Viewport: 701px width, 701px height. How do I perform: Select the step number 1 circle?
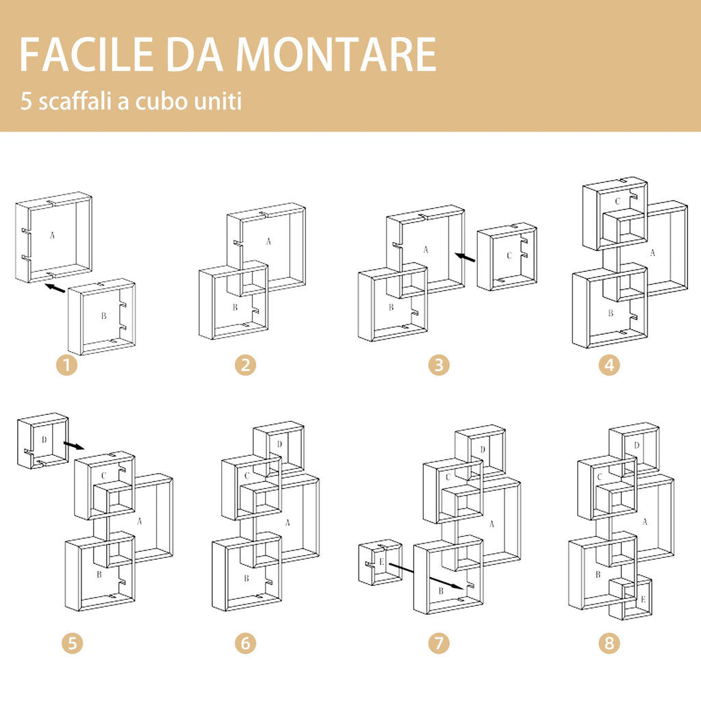coord(66,365)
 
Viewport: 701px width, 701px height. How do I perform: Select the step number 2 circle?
coord(245,365)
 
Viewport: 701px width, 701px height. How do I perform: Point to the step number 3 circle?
coord(439,365)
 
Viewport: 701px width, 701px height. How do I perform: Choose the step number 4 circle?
coord(609,365)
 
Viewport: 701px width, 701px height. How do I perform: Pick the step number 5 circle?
coord(72,643)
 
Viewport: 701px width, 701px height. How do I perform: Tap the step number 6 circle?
coord(245,643)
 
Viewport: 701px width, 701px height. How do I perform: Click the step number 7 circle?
coord(439,643)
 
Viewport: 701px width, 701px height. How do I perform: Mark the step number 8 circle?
coord(609,643)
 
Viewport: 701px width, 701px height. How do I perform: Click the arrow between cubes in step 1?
coord(55,288)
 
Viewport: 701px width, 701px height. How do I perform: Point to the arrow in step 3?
coord(466,257)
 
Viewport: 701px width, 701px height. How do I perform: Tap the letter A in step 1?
coord(52,235)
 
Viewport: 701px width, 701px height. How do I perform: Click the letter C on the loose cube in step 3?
coord(509,255)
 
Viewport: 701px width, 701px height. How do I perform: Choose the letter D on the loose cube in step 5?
coord(44,439)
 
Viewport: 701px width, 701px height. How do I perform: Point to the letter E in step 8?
coord(643,600)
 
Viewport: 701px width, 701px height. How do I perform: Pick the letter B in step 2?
coord(235,307)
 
